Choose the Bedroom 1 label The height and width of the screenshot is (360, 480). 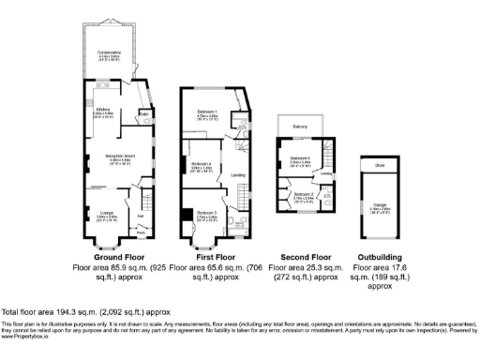point(208,112)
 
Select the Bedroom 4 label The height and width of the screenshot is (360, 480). point(202,164)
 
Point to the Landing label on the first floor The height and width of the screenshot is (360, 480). point(238,175)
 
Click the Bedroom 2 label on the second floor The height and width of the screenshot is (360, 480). point(303,194)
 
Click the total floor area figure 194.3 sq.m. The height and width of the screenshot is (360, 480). point(74,311)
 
